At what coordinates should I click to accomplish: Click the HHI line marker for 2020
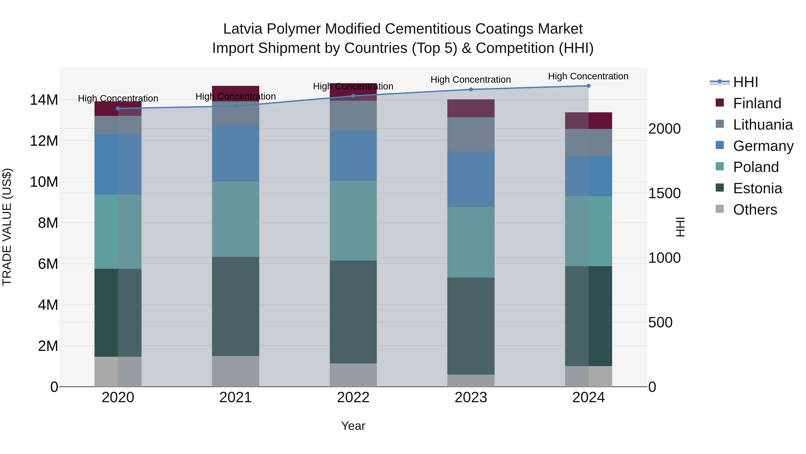click(x=118, y=109)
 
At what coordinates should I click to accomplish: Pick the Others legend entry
click(x=755, y=210)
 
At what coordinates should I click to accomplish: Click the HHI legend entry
click(x=745, y=82)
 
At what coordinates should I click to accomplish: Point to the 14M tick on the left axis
click(x=44, y=100)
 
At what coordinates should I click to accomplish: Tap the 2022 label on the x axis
click(x=353, y=398)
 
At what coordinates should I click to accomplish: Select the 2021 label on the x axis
click(x=236, y=398)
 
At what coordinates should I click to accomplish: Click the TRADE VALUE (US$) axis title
click(x=7, y=227)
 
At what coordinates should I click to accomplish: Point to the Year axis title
click(x=353, y=426)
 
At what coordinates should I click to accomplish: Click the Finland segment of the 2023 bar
click(x=471, y=109)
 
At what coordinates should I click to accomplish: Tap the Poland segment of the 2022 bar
click(x=353, y=221)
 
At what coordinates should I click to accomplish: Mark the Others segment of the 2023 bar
click(x=471, y=380)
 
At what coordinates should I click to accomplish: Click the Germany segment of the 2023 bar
click(x=471, y=179)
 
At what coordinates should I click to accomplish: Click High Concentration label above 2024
click(x=588, y=76)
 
